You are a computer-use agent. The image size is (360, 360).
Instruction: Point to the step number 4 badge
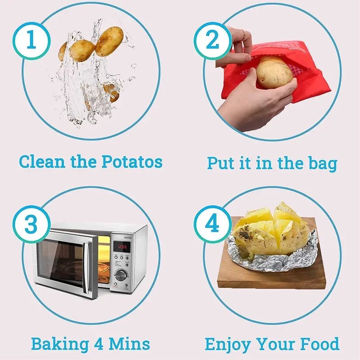click(x=212, y=224)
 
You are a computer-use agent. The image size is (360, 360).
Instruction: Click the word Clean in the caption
click(x=42, y=161)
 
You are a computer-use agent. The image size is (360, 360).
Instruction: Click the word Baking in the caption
click(x=59, y=344)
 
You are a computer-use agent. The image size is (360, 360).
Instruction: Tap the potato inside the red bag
click(x=274, y=72)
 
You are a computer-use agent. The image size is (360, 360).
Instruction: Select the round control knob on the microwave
click(x=121, y=274)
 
